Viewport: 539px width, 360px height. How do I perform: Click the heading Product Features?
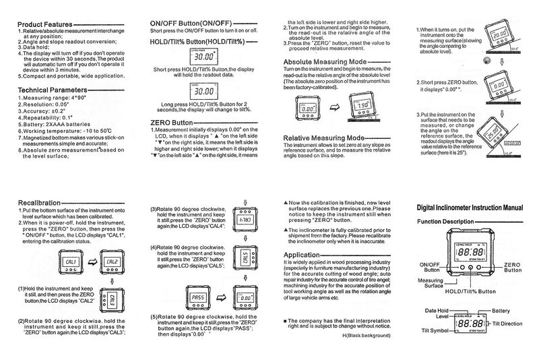coord(44,24)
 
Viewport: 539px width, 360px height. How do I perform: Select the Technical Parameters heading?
coord(53,89)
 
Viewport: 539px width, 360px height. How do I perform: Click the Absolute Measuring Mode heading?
coord(325,62)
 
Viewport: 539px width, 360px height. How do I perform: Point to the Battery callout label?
coord(501,311)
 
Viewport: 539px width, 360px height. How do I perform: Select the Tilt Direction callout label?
coord(511,324)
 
